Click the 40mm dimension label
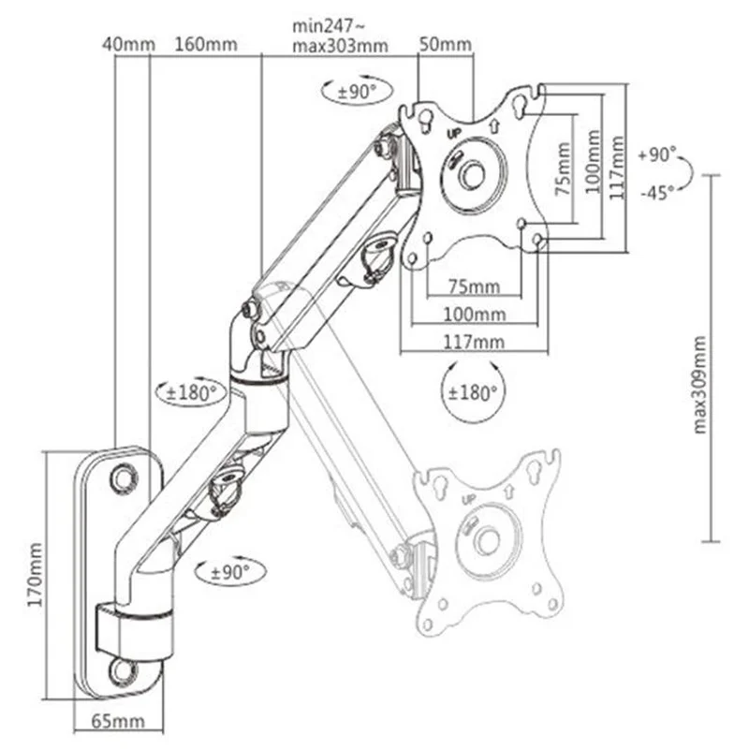click(125, 43)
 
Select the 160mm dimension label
click(205, 43)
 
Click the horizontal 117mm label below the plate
click(475, 342)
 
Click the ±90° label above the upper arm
click(349, 91)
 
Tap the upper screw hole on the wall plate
click(122, 477)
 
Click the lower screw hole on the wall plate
click(122, 670)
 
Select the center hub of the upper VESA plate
click(473, 173)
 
